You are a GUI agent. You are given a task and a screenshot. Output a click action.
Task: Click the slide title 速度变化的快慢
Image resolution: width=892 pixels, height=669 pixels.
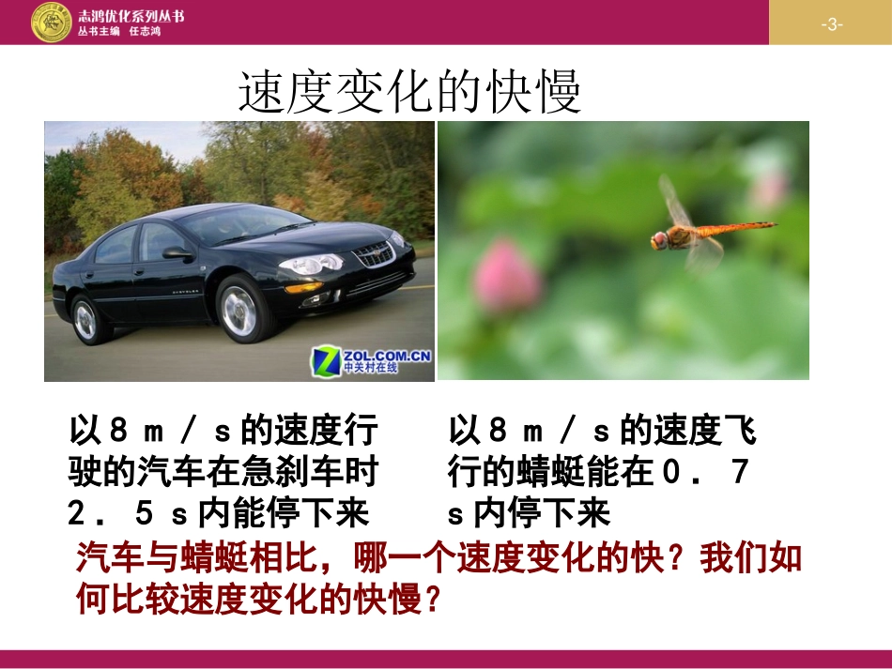(409, 93)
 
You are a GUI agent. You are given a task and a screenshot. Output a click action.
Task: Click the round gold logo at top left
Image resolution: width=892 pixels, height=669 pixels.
(53, 23)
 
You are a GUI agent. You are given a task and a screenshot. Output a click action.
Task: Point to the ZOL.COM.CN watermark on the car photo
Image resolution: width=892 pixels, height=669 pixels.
(373, 359)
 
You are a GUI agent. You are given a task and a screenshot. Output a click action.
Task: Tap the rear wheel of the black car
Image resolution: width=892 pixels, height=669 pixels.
(86, 320)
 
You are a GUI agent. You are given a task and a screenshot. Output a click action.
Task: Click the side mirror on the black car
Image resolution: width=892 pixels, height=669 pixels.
(176, 252)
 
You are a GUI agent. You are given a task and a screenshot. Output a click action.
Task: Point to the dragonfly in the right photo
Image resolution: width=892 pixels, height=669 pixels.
(695, 230)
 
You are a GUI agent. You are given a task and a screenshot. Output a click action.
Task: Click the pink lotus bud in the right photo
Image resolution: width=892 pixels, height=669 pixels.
(508, 273)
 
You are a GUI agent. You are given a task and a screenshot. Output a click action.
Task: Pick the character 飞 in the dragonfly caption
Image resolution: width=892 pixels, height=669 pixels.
(741, 432)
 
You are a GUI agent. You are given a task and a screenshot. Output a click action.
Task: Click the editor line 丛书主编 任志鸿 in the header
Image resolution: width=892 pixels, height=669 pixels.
(121, 31)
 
